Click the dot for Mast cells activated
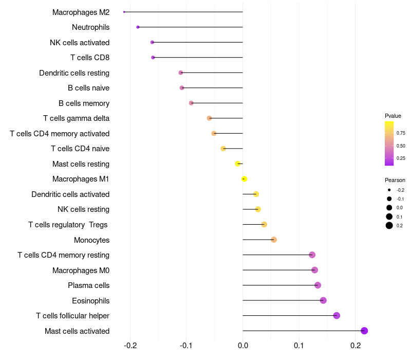pyautogui.click(x=364, y=331)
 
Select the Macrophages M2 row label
pyautogui.click(x=81, y=12)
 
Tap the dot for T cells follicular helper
pyautogui.click(x=337, y=316)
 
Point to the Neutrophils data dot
pyautogui.click(x=138, y=27)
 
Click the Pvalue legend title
pyautogui.click(x=393, y=116)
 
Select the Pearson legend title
pyautogui.click(x=395, y=180)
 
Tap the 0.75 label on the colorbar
pyautogui.click(x=401, y=133)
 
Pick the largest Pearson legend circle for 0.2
pyautogui.click(x=389, y=225)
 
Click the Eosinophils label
pyautogui.click(x=91, y=300)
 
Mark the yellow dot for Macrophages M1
pyautogui.click(x=245, y=179)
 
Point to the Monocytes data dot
pyautogui.click(x=274, y=240)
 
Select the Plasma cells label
pyautogui.click(x=88, y=285)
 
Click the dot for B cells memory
pyautogui.click(x=191, y=103)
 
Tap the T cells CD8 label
pyautogui.click(x=90, y=57)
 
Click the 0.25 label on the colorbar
pyautogui.click(x=401, y=158)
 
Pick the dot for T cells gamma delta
pyautogui.click(x=209, y=118)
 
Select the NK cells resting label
pyautogui.click(x=83, y=209)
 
